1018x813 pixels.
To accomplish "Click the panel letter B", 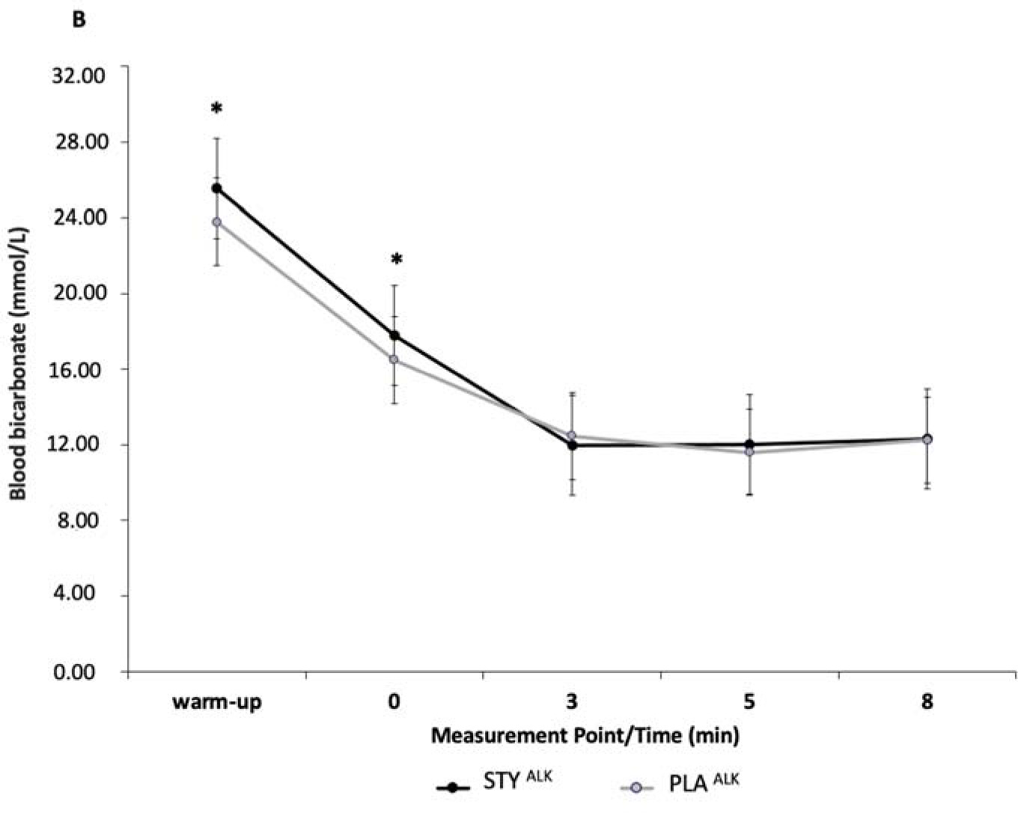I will (x=79, y=20).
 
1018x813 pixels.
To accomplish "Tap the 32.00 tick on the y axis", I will (x=80, y=75).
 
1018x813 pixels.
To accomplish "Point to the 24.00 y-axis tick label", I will (x=80, y=218).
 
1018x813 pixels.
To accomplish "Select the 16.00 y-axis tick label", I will (x=80, y=369).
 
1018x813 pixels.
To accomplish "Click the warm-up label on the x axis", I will (x=217, y=702).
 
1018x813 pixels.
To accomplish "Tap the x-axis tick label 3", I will (x=573, y=702).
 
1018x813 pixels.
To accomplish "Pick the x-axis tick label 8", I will (x=927, y=702).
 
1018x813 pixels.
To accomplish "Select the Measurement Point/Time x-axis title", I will (x=585, y=735).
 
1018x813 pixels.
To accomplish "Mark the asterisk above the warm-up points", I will (x=216, y=109).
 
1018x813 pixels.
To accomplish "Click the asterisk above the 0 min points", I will (x=396, y=261).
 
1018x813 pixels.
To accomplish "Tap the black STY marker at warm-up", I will (x=216, y=189).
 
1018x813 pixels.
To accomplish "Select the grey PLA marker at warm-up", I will (x=216, y=222).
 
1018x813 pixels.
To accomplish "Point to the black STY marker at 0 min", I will (x=394, y=335).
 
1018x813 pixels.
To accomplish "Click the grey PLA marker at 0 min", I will (x=394, y=359).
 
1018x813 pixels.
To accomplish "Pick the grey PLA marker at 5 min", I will (x=749, y=452).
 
